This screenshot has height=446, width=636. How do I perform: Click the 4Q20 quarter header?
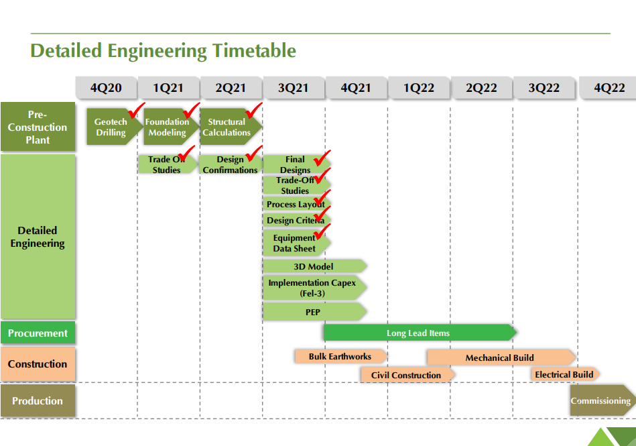pos(106,88)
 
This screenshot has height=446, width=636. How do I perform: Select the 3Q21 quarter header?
pos(294,88)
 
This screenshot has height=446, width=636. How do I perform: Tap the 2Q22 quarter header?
pos(481,88)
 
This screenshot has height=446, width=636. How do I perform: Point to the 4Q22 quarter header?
pos(608,88)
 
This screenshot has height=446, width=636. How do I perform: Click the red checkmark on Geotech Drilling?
pos(136,111)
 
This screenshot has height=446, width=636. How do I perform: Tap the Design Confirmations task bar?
pos(231,164)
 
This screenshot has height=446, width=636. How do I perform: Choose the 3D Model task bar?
pos(315,266)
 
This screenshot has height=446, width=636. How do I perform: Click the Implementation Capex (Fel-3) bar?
pos(315,288)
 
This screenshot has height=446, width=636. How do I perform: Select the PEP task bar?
pos(315,312)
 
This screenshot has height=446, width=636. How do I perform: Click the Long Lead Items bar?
pos(420,333)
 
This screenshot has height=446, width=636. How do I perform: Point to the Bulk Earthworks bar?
pos(341,356)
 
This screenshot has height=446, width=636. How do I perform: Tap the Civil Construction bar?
pos(407,375)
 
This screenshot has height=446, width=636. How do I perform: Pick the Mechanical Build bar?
pos(501,357)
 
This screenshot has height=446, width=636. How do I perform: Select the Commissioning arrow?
pos(602,400)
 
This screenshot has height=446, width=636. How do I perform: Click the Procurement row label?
pos(38,333)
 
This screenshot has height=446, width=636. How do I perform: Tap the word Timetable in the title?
pos(255,51)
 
